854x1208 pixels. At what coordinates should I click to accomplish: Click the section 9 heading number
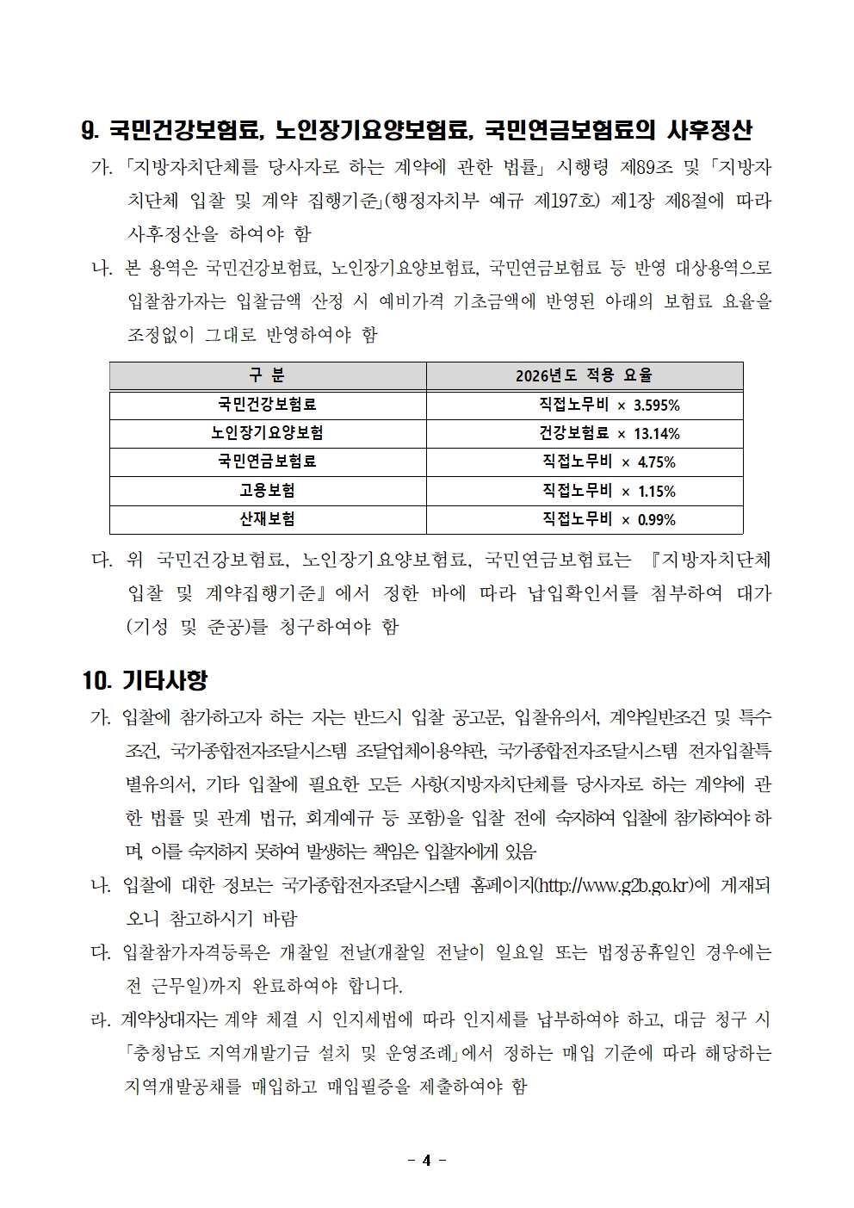pyautogui.click(x=90, y=131)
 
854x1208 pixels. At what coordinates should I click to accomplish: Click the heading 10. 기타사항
pyautogui.click(x=145, y=680)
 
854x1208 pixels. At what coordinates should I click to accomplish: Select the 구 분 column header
pyautogui.click(x=267, y=375)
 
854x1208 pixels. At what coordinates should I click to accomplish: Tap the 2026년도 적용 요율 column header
pyautogui.click(x=584, y=375)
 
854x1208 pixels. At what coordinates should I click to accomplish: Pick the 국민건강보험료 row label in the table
pyautogui.click(x=267, y=404)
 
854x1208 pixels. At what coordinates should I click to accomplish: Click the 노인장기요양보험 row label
pyautogui.click(x=267, y=433)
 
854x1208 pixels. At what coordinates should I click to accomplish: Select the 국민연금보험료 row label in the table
pyautogui.click(x=267, y=462)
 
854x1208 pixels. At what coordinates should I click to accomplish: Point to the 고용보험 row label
pyautogui.click(x=267, y=491)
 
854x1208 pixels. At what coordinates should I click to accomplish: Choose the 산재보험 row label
pyautogui.click(x=267, y=519)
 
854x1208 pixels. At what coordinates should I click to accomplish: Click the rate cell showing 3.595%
pyautogui.click(x=609, y=405)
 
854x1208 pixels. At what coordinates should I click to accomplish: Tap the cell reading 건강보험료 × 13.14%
pyautogui.click(x=609, y=433)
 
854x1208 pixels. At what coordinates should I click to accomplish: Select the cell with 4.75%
pyautogui.click(x=609, y=462)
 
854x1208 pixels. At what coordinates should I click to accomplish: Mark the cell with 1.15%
pyautogui.click(x=609, y=491)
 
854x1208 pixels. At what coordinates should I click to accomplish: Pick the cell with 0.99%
pyautogui.click(x=609, y=520)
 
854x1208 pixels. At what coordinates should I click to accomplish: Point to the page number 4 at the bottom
pyautogui.click(x=426, y=1160)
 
